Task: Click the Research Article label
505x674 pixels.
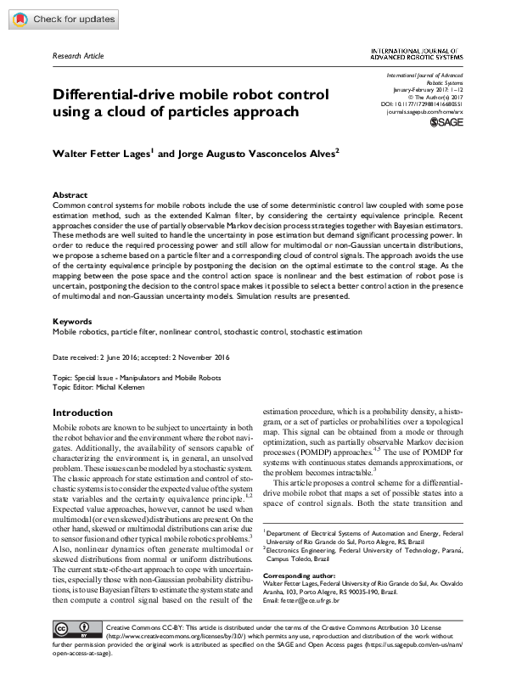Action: pos(78,56)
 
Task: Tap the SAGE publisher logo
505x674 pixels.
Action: pos(446,122)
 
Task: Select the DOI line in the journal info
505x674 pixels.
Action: pos(424,104)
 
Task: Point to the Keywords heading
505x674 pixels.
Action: pos(72,322)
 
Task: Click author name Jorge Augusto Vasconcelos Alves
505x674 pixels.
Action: pos(252,154)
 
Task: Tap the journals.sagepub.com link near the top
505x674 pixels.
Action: pos(424,111)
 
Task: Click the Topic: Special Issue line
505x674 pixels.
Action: pos(137,378)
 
